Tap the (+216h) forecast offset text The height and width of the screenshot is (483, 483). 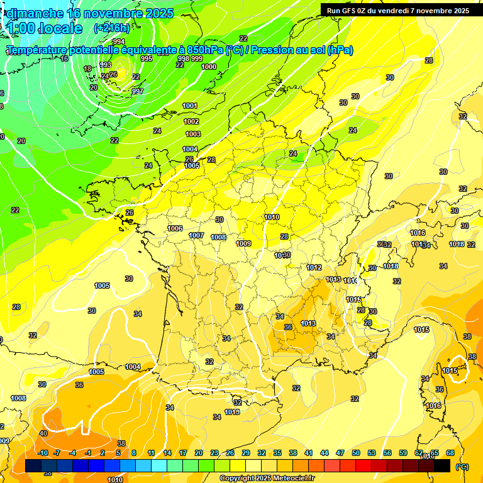point(112,28)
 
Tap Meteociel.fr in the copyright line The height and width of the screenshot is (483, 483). point(290,479)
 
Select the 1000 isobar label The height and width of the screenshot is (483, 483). point(209,67)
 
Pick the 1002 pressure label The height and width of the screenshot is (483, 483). point(191,121)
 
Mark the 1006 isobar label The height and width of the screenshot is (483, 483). point(175,228)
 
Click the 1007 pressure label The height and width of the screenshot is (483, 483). point(196,235)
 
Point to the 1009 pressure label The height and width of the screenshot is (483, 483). point(243,243)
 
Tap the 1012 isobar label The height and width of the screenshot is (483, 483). point(314,267)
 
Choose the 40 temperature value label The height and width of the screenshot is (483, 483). point(43,433)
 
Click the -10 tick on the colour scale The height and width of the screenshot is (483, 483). point(43,453)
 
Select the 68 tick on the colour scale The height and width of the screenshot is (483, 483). point(450,453)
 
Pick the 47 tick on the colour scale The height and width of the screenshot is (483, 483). point(340,453)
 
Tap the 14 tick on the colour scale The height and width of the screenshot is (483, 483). point(167,453)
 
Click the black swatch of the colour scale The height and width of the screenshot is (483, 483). point(442,465)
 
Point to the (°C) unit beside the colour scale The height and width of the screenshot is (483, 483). point(462,467)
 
